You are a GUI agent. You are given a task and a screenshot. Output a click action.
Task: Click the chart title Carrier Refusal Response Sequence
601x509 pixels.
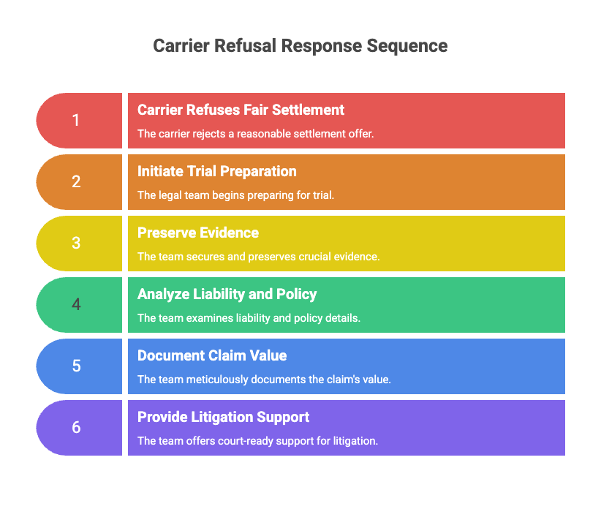point(300,46)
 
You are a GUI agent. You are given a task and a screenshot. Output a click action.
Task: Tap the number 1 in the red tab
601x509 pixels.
point(76,121)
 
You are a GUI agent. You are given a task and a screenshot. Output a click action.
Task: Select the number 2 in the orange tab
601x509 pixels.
point(76,182)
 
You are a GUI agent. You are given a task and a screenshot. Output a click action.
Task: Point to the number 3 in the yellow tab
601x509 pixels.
point(76,244)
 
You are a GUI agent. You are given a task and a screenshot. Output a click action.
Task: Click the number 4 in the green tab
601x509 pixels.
point(76,305)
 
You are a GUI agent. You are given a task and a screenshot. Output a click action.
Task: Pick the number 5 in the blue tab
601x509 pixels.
point(76,366)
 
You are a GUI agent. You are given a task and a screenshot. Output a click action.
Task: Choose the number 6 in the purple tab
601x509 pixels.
point(76,428)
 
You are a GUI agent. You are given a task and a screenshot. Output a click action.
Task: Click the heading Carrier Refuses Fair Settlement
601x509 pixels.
point(241,110)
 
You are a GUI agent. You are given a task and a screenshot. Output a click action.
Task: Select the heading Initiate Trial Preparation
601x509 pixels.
point(217,172)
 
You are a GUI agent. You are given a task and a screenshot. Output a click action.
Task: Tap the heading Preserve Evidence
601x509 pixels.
point(198,233)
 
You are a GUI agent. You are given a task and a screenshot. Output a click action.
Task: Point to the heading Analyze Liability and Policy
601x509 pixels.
point(227,295)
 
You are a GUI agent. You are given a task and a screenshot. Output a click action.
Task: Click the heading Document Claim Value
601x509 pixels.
point(212,356)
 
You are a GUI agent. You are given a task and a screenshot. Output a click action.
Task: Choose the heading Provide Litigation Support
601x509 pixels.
point(223,418)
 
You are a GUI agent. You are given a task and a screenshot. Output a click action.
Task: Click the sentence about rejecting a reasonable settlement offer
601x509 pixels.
point(255,135)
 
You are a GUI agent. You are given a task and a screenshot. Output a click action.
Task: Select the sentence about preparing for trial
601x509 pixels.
point(235,196)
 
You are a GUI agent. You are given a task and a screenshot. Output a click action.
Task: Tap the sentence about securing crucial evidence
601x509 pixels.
point(258,257)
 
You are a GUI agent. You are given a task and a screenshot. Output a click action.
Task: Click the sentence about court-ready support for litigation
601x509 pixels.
point(257,442)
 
